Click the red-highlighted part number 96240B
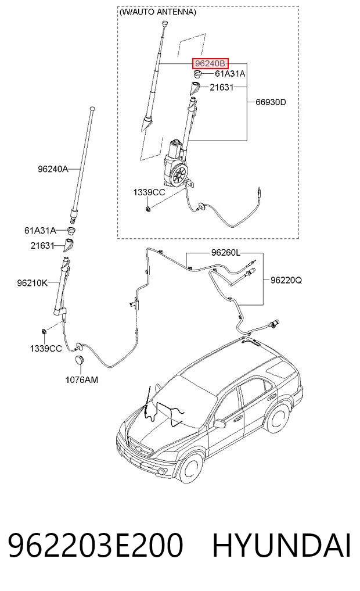210,63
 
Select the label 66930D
271,102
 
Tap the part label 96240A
53,169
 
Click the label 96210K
33,282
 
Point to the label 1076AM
82,379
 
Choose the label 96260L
225,253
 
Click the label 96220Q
286,280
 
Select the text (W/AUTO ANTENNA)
157,12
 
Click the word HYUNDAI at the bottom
282,546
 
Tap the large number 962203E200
96,546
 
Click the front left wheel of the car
192,470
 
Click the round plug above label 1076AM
79,360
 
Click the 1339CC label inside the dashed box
149,192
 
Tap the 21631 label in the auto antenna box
222,87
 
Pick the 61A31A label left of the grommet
40,230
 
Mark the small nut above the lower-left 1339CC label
44,332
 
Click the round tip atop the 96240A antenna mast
93,109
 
